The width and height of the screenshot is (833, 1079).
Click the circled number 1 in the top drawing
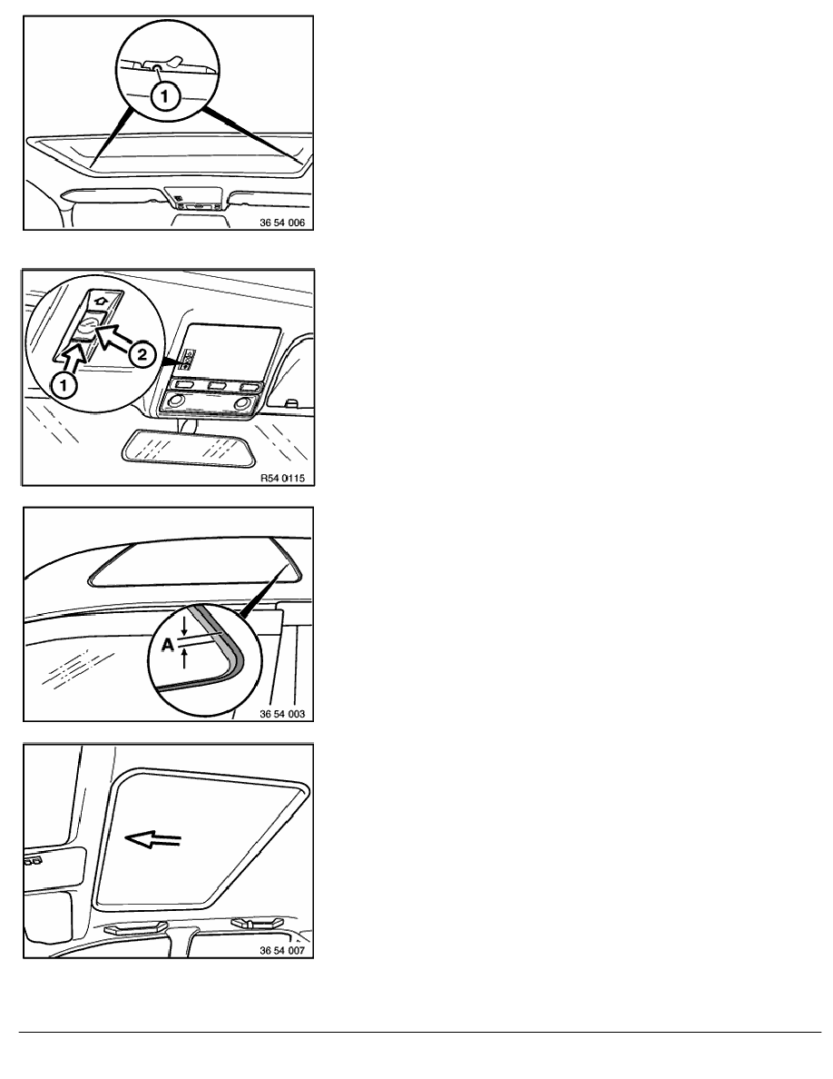click(164, 95)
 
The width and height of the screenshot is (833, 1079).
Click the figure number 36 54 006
click(282, 223)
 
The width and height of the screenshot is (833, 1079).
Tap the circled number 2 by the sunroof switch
click(142, 354)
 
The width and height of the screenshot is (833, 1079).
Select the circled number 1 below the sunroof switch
click(64, 385)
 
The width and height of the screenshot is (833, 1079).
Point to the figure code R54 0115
click(282, 478)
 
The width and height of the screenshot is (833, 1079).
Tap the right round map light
click(242, 402)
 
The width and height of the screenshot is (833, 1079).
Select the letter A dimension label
click(167, 645)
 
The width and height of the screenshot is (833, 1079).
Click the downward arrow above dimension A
click(184, 626)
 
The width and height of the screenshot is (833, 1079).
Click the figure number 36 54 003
click(282, 714)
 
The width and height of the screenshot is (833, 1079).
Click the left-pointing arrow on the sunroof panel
click(152, 839)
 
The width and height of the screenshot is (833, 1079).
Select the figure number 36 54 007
click(282, 951)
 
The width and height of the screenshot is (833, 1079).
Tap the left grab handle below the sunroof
click(135, 927)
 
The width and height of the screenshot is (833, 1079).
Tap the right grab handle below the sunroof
click(257, 922)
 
